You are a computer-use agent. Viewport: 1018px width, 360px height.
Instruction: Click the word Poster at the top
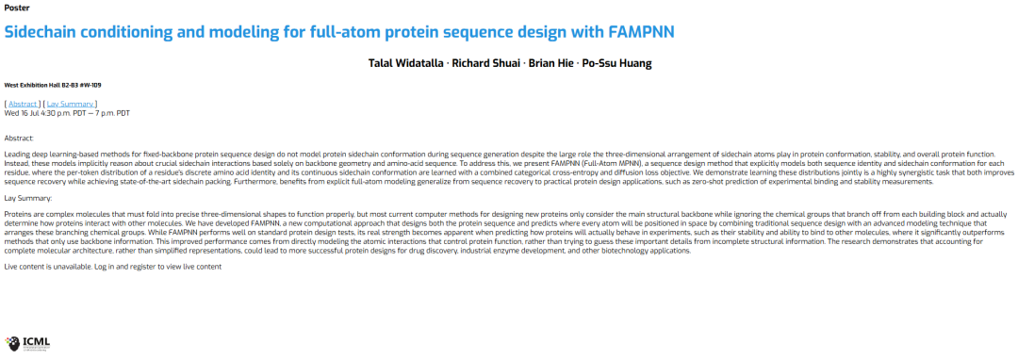coord(16,8)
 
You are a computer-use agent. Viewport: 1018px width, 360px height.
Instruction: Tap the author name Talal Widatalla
coord(403,63)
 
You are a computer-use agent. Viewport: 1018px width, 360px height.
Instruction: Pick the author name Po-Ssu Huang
coord(618,63)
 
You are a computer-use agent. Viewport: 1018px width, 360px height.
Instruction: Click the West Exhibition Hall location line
coord(53,85)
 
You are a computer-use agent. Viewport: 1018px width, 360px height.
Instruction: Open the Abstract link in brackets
coord(24,104)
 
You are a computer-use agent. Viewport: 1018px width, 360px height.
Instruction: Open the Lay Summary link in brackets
coord(72,104)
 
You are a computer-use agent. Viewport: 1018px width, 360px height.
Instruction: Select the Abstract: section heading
coord(19,139)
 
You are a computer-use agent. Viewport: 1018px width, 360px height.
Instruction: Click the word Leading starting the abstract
coord(17,154)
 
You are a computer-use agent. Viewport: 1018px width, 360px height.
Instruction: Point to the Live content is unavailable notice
coord(113,267)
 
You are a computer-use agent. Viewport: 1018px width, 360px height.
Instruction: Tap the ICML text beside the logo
coord(36,341)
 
